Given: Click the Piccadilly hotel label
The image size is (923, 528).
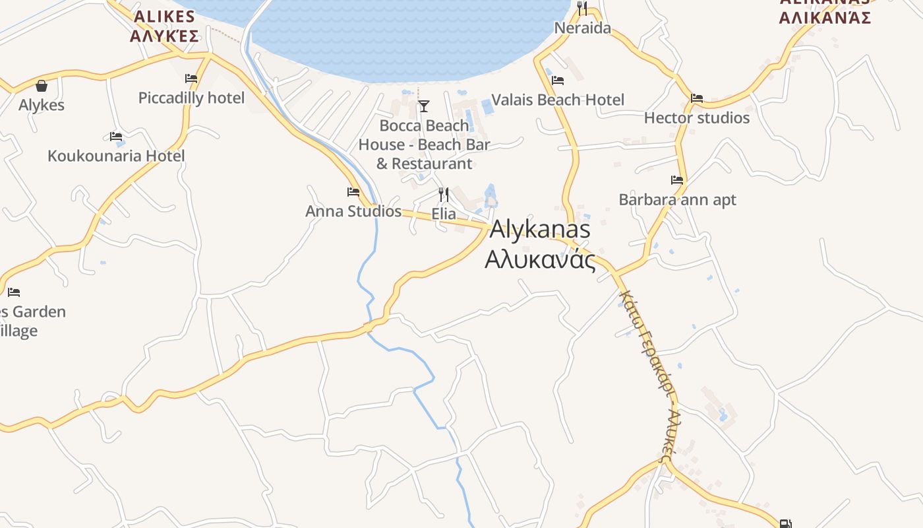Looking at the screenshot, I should pyautogui.click(x=191, y=98).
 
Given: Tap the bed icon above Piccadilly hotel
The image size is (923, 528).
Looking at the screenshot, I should pyautogui.click(x=191, y=78).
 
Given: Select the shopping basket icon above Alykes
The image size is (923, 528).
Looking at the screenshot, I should pyautogui.click(x=42, y=86).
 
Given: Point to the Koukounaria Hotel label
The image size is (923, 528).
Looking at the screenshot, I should pyautogui.click(x=116, y=156).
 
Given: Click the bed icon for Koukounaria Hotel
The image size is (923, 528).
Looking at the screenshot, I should pyautogui.click(x=116, y=137).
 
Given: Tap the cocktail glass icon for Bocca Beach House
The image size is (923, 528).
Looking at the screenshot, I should pyautogui.click(x=424, y=106).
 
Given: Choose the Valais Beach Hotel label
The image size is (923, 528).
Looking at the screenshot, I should pyautogui.click(x=558, y=100).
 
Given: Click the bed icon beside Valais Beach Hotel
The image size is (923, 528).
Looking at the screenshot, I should pyautogui.click(x=558, y=81).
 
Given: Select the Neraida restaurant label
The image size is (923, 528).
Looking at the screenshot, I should pyautogui.click(x=582, y=28).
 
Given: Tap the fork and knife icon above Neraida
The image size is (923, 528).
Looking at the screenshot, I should pyautogui.click(x=582, y=9).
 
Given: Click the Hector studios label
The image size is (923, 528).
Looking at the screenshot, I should pyautogui.click(x=697, y=118).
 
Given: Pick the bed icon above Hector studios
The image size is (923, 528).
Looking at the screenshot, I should pyautogui.click(x=697, y=98).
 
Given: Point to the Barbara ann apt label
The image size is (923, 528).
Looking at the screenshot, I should pyautogui.click(x=677, y=199).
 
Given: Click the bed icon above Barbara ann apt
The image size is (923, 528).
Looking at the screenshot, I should pyautogui.click(x=677, y=180).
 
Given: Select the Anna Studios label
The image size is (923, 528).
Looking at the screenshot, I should pyautogui.click(x=353, y=211).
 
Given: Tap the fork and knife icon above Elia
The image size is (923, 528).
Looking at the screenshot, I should pyautogui.click(x=444, y=194).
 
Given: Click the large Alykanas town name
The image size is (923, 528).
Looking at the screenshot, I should pyautogui.click(x=540, y=230).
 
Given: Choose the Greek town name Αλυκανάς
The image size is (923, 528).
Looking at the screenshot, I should pyautogui.click(x=540, y=259).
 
